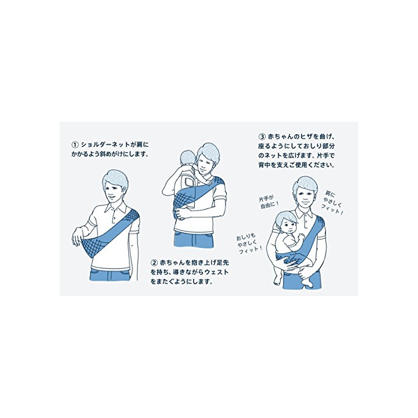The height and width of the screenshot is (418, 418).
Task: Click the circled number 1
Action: [75, 145]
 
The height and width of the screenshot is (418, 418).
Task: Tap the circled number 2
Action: [154, 263]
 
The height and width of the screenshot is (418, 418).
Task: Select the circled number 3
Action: [262, 137]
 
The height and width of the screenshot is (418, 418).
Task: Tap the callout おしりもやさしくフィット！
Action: [249, 244]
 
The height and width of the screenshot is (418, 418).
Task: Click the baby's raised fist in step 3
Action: [302, 236]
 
